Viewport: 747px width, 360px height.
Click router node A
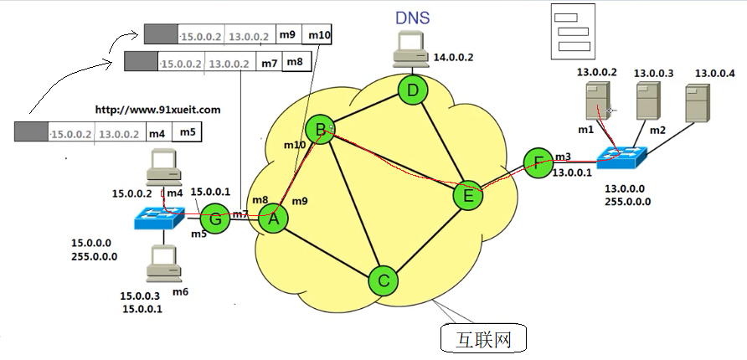point(272,219)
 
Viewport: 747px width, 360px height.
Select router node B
point(319,130)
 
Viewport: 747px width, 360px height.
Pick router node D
point(411,90)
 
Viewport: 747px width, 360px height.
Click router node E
point(467,197)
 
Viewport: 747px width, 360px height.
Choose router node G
point(215,219)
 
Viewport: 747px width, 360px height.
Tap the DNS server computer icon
point(410,49)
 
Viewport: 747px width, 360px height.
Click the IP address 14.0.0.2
point(453,58)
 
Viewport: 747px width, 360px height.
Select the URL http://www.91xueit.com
point(157,110)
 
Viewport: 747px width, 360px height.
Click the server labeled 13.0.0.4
point(699,103)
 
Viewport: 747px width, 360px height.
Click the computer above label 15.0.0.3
point(160,263)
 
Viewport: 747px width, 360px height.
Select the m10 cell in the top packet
point(320,35)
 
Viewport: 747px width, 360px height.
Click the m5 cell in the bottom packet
point(188,132)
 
